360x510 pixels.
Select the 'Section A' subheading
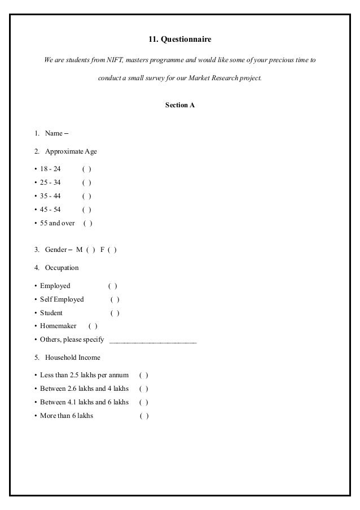point(179,106)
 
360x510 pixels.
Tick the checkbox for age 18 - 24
point(87,169)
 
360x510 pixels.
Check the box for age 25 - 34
point(87,182)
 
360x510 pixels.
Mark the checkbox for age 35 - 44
point(87,196)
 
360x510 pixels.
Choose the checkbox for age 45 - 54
point(87,210)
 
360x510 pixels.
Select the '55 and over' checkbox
point(88,223)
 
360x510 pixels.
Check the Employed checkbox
point(113,286)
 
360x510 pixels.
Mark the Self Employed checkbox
point(115,299)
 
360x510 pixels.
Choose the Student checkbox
point(115,313)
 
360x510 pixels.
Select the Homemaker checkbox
point(93,326)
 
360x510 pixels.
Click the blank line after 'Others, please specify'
point(153,341)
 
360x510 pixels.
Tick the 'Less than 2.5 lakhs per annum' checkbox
point(144,375)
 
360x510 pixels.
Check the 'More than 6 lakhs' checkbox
point(144,416)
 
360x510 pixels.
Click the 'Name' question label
point(54,133)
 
